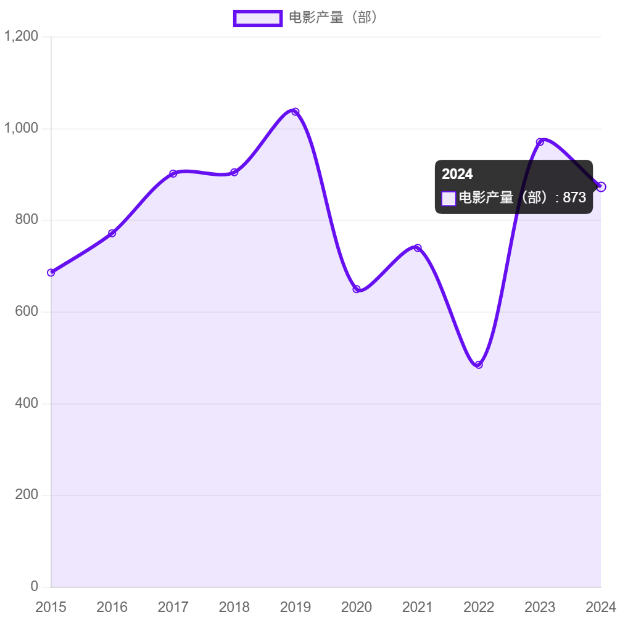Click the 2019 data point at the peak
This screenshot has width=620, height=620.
pos(295,112)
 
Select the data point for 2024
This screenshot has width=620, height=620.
pos(601,186)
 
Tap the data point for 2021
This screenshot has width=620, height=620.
pos(418,247)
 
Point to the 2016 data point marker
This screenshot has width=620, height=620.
pos(112,233)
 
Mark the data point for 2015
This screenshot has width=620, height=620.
pos(51,273)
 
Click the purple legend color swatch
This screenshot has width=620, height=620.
pos(257,19)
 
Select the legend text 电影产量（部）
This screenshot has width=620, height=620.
pos(333,18)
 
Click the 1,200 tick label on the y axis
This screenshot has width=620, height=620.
pos(22,36)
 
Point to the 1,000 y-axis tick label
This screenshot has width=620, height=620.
pos(22,128)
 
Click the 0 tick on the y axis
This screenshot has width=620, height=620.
pos(35,586)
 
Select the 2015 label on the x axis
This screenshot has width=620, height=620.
pos(51,607)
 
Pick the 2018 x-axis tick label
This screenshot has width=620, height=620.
pos(234,607)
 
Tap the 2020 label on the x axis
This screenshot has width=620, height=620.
pos(357,607)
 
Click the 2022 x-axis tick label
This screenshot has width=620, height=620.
pos(479,607)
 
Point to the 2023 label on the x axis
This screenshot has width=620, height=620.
pos(540,607)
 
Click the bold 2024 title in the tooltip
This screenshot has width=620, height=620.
pos(457,174)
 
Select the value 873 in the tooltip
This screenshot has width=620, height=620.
pos(574,198)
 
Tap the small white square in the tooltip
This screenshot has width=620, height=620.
pos(448,199)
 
